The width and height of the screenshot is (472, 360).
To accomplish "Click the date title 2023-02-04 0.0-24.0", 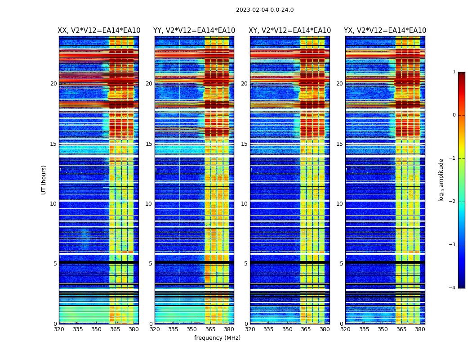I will tap(265, 10).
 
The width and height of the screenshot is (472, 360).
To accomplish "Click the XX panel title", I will tap(99, 31).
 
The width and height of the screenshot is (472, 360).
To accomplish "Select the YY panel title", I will tap(194, 31).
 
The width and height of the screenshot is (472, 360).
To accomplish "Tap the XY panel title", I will tap(290, 31).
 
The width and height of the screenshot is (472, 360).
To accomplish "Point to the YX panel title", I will tap(385, 31).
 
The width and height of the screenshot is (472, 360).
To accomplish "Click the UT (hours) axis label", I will tap(44, 180).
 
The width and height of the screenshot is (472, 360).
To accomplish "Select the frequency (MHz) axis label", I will tap(217, 338).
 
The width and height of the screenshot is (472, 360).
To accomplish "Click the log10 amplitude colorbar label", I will tap(441, 180).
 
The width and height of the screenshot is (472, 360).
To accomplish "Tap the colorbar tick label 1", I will tap(454, 72).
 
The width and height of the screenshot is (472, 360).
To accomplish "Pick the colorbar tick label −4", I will tap(453, 288).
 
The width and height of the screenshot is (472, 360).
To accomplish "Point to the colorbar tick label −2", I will tap(453, 202).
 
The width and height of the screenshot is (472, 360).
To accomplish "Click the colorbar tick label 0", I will tap(454, 115).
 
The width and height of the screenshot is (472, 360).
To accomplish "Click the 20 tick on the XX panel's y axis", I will tap(53, 84).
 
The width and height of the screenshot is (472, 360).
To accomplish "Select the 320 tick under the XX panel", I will tap(59, 329).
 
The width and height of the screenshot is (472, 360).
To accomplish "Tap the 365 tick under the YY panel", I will tap(210, 329).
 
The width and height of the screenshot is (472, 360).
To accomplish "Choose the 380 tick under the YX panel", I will tap(420, 329).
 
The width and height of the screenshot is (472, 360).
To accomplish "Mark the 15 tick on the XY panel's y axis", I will tap(244, 144).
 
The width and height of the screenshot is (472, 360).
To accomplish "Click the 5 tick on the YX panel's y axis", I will tap(341, 264).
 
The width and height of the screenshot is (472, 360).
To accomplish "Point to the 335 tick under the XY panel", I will tap(269, 329).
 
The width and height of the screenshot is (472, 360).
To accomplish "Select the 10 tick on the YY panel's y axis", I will tap(148, 204).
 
